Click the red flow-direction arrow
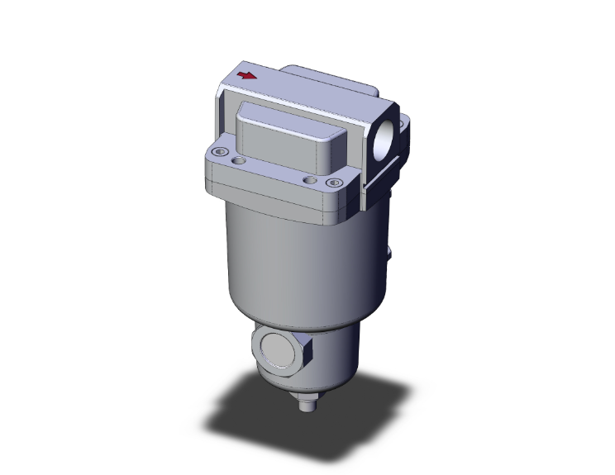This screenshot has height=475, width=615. coord(246,76)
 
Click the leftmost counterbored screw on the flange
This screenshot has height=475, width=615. coord(219,151)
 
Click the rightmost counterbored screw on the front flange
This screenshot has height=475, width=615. coord(334,183)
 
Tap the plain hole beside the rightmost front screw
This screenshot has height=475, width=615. coord(310,178)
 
